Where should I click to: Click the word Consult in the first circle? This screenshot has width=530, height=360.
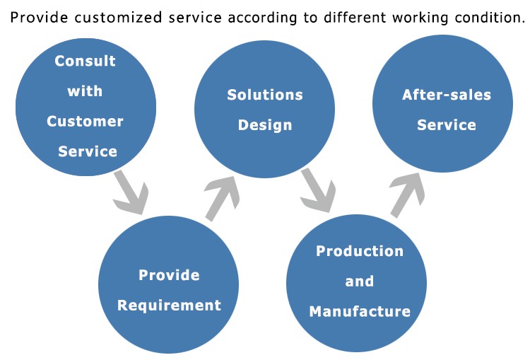tap(86, 61)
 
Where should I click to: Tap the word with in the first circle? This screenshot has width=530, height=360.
tap(85, 91)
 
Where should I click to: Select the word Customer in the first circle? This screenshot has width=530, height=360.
tap(86, 121)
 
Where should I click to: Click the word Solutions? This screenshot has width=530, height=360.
tap(265, 95)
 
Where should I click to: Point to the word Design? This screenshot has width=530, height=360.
tap(265, 125)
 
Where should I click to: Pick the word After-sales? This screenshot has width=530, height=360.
tap(447, 95)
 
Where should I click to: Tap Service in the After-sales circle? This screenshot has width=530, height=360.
tap(447, 125)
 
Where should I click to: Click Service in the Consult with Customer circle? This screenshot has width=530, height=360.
tap(88, 151)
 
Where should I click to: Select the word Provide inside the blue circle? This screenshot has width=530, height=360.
tap(169, 274)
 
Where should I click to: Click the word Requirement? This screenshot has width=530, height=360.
tap(169, 306)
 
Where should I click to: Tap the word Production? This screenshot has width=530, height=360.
tap(360, 251)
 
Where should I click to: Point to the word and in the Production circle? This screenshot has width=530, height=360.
tap(360, 281)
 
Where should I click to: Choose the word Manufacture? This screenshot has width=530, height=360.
tap(360, 311)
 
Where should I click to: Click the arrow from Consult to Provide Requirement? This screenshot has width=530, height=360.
tap(131, 192)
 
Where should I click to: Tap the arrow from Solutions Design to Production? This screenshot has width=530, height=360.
tap(318, 190)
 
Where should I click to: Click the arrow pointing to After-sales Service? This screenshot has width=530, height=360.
tap(407, 195)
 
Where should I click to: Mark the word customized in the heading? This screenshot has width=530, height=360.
tap(118, 18)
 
